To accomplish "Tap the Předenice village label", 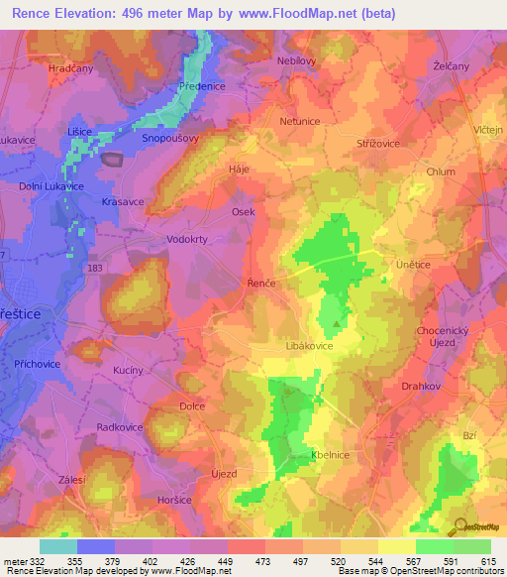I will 203,86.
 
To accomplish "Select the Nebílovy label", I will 297,59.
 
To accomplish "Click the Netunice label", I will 301,121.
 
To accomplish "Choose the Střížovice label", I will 377,144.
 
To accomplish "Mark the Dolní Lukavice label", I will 51,185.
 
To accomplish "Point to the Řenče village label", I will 260,284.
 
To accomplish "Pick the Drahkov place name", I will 422,387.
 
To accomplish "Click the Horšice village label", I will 176,501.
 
